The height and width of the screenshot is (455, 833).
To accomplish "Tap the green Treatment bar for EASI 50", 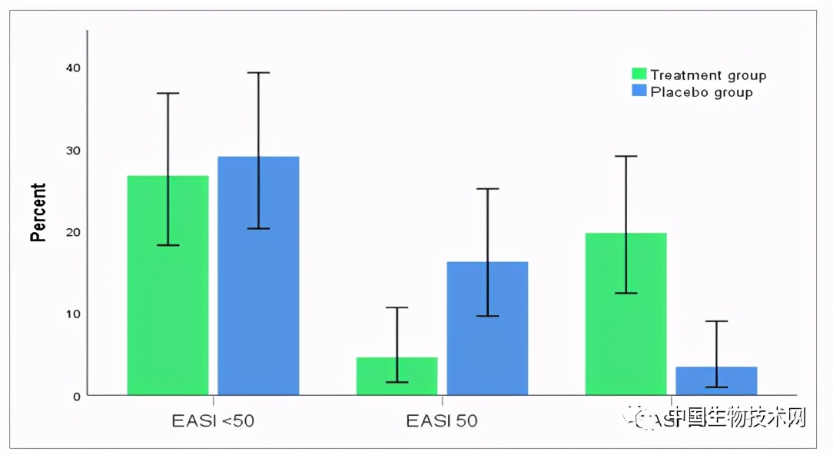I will point(397,376).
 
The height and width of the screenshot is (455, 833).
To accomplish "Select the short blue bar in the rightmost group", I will point(716,380).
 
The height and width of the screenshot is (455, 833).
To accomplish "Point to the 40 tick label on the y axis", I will point(73,68).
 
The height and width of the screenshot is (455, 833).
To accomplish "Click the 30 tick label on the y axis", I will point(73,150).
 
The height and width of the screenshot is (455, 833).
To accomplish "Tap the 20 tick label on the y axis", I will point(73,231).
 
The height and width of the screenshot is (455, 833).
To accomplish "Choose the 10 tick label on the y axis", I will point(73,314).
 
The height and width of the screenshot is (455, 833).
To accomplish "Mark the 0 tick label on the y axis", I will point(76,396).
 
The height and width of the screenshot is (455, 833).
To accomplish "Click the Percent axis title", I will point(38,212).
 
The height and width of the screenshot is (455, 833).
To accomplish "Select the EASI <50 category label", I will point(213,421).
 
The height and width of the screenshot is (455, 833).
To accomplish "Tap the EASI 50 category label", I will point(442,421).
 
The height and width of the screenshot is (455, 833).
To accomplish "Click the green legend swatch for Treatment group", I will point(639,74).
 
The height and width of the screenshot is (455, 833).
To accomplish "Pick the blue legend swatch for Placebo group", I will point(639,91).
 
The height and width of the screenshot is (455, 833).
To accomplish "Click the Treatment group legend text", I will point(708,75).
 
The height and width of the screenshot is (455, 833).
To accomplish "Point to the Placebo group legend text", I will point(701,92).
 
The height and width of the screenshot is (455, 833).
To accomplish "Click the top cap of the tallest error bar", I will point(258,72).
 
